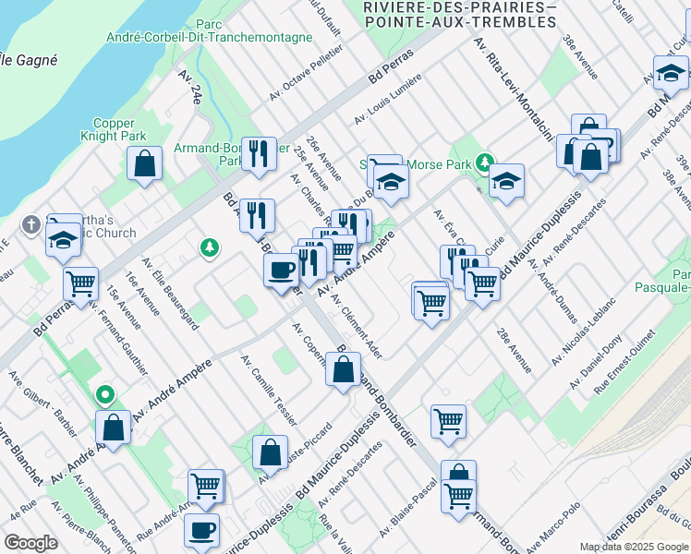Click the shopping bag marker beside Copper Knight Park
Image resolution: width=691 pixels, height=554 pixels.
[x=145, y=164]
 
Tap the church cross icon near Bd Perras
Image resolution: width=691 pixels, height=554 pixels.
[x=30, y=224]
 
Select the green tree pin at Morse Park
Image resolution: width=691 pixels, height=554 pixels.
[x=484, y=164]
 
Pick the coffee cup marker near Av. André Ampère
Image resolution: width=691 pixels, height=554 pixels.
[x=280, y=270]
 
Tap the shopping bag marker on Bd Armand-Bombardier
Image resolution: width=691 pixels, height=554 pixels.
[x=343, y=369]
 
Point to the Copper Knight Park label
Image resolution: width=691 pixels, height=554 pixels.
[x=120, y=129]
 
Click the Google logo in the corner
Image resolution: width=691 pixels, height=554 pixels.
[x=30, y=543]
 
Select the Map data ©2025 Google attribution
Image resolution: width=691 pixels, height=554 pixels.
[x=634, y=547]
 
